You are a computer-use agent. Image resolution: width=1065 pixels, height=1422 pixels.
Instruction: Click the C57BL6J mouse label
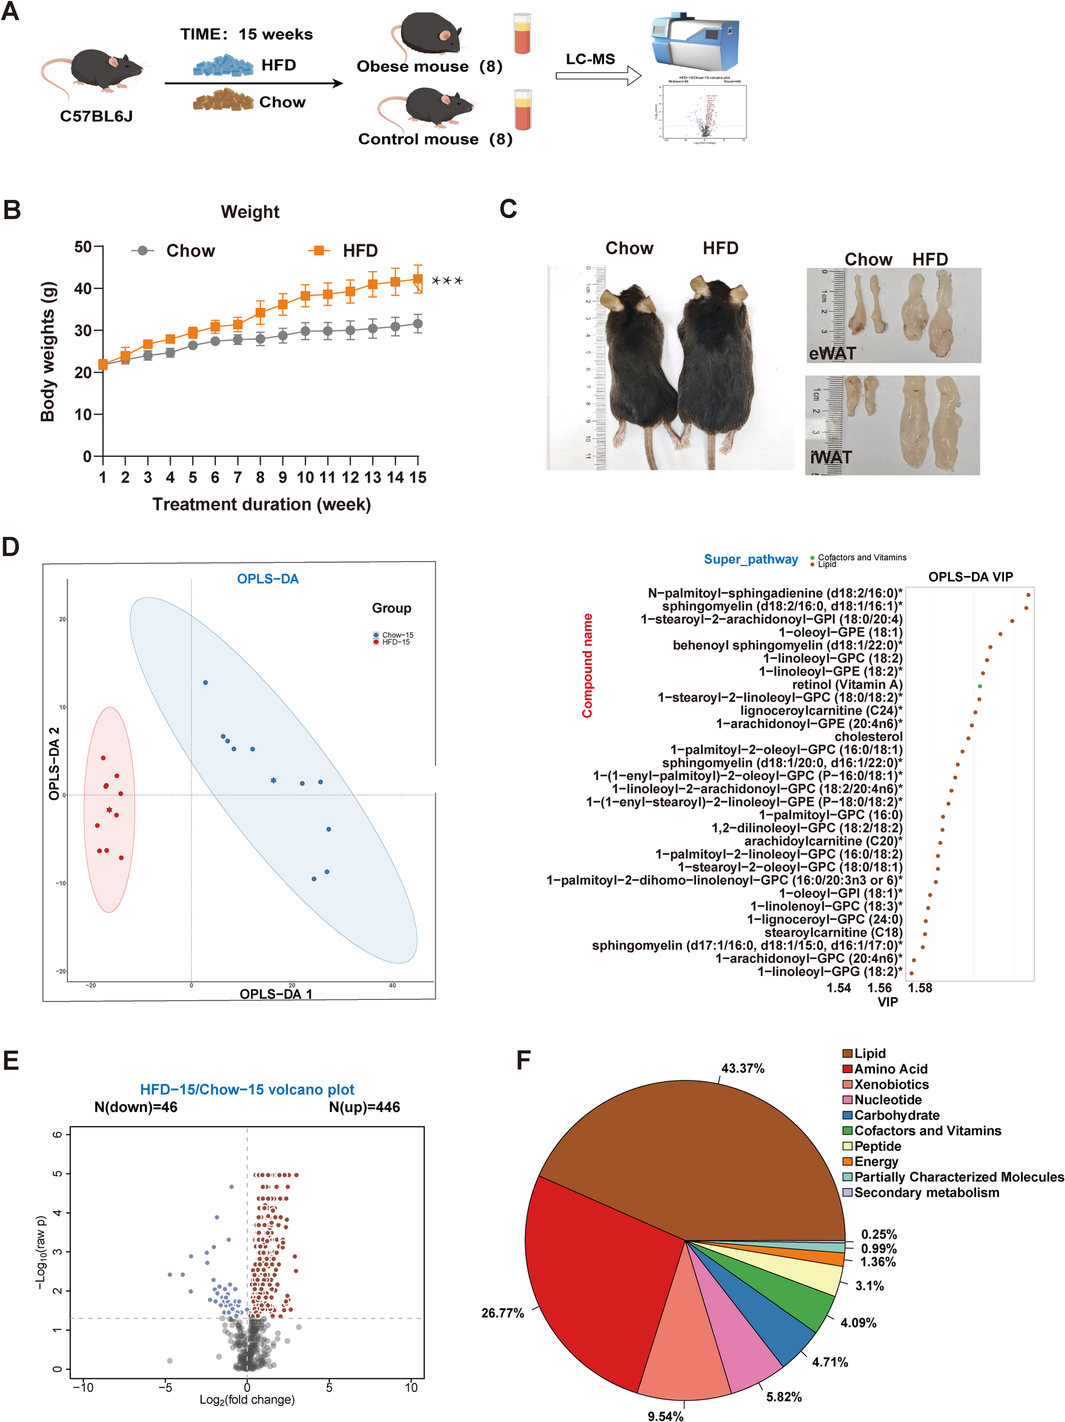(x=96, y=116)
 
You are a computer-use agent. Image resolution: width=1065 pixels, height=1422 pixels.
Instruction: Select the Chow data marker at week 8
(x=260, y=339)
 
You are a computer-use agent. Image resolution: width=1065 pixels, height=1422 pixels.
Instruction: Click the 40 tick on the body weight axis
(x=83, y=289)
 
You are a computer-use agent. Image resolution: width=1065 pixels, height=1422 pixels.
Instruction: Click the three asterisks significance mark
(x=447, y=281)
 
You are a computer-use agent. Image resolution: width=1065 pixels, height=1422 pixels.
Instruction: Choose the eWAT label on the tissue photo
(x=832, y=354)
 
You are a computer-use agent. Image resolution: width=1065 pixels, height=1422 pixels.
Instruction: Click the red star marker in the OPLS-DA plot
(x=109, y=810)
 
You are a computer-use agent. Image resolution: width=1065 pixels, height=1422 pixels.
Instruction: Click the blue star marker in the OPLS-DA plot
(x=273, y=780)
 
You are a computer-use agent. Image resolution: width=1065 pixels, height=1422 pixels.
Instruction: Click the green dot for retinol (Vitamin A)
(x=979, y=686)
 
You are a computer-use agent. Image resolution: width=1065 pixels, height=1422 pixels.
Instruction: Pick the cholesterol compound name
(x=868, y=737)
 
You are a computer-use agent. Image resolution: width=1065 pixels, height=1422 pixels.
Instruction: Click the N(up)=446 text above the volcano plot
(x=364, y=1107)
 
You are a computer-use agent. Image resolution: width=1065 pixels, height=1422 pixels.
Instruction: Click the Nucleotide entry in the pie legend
(x=887, y=1100)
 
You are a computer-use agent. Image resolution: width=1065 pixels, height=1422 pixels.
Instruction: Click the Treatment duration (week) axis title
(x=261, y=504)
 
